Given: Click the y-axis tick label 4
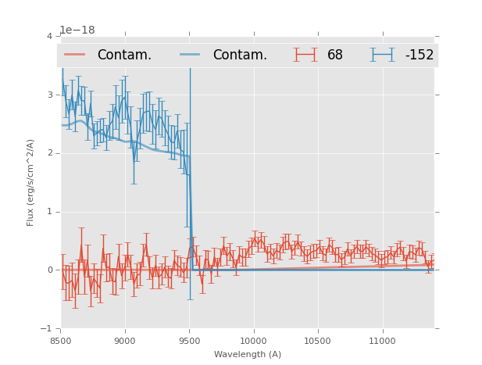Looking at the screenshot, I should tap(49, 37).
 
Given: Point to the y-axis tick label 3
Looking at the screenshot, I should tap(49, 95).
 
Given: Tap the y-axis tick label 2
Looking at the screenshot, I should tap(49, 153).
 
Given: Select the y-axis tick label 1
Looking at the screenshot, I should tap(49, 212).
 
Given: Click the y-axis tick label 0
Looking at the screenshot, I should tap(49, 270).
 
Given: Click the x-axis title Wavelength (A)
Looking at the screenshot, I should tap(247, 355).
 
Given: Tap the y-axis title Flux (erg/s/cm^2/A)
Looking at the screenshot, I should tap(30, 182).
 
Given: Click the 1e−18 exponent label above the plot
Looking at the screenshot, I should tap(77, 30).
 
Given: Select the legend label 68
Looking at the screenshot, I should tap(335, 55).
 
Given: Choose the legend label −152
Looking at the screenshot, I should tap(419, 55).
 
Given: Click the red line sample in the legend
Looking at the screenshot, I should tap(75, 55).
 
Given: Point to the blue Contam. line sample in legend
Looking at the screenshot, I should tap(191, 55).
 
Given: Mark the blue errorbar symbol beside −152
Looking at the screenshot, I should tap(382, 55).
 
